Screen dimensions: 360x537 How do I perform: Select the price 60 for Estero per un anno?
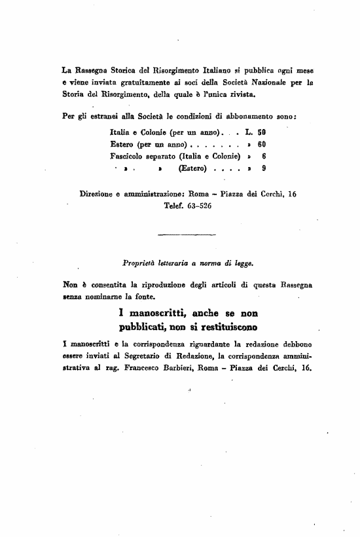pos(261,144)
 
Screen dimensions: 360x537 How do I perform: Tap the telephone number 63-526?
pos(196,206)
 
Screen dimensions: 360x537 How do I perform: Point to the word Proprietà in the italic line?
pos(140,265)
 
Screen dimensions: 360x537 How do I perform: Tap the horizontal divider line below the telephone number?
pos(187,234)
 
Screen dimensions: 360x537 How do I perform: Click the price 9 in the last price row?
pos(263,168)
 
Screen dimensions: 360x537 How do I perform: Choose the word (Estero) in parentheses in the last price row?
pos(193,168)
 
